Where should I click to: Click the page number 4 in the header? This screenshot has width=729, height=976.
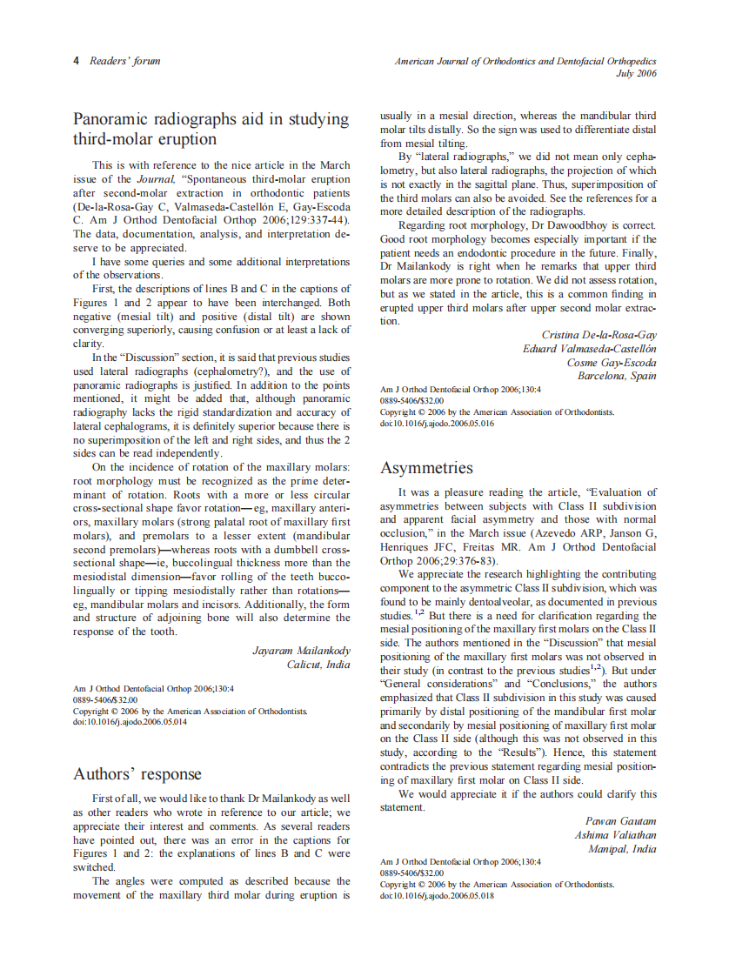76,61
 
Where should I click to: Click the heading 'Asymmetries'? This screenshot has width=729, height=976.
426,468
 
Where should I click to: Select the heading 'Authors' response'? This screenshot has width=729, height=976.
137,773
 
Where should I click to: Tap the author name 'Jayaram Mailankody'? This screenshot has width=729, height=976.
301,650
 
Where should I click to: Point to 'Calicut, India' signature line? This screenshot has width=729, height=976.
318,665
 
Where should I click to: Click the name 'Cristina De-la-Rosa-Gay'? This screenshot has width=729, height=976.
599,335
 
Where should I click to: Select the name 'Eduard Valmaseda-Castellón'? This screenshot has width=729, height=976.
589,349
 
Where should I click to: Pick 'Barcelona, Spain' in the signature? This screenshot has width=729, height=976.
617,376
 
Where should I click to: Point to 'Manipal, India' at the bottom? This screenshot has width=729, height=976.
622,849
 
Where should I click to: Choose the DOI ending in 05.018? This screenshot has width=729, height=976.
437,895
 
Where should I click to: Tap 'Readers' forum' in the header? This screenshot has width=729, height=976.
125,61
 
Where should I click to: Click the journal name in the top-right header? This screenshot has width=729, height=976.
525,61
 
